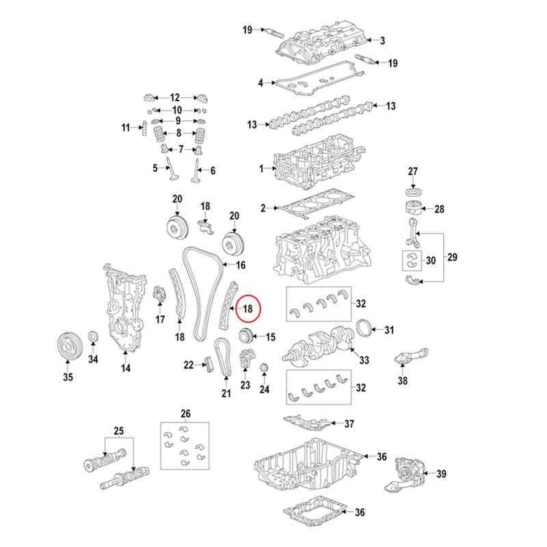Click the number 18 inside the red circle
pyautogui.click(x=248, y=308)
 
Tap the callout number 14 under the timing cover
pyautogui.click(x=126, y=369)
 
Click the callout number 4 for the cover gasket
pyautogui.click(x=260, y=83)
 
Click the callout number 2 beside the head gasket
pyautogui.click(x=263, y=207)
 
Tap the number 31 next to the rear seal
pyautogui.click(x=389, y=331)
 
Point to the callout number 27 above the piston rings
pyautogui.click(x=412, y=171)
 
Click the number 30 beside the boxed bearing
pyautogui.click(x=430, y=261)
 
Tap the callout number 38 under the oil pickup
pyautogui.click(x=403, y=382)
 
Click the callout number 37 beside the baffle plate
pyautogui.click(x=349, y=423)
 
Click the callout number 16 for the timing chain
pyautogui.click(x=240, y=265)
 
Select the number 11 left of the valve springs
pyautogui.click(x=126, y=128)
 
